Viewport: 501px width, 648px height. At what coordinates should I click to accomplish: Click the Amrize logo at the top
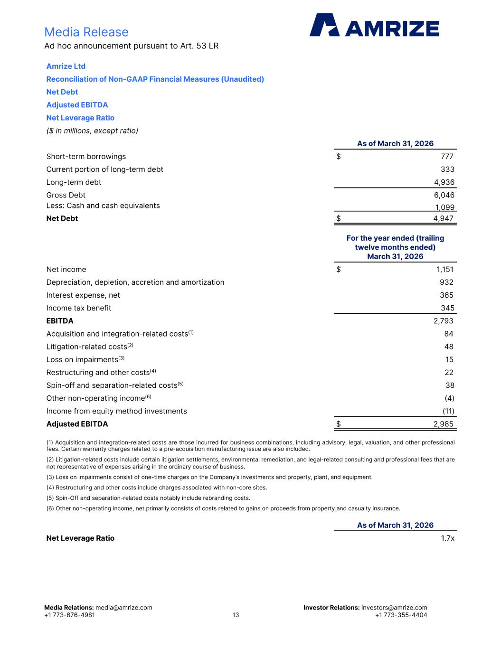click(374, 25)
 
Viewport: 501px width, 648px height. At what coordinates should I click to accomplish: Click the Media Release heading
click(86, 32)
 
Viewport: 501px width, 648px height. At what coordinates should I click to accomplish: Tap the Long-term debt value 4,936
click(444, 182)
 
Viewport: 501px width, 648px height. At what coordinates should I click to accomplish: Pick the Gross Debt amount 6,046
click(444, 195)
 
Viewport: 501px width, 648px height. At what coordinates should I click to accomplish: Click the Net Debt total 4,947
click(444, 218)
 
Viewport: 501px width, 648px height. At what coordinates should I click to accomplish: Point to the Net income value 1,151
click(445, 270)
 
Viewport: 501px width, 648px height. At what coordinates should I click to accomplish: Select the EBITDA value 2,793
click(444, 321)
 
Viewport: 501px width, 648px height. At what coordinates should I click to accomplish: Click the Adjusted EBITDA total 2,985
click(444, 424)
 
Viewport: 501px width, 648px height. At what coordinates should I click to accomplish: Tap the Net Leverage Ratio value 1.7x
click(448, 538)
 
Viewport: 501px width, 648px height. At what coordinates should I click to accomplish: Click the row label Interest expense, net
click(83, 295)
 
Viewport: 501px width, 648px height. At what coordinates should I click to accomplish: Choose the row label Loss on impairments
click(82, 359)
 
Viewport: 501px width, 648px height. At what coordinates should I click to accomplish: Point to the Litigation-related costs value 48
click(449, 347)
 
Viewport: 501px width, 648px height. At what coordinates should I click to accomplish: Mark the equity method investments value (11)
click(448, 411)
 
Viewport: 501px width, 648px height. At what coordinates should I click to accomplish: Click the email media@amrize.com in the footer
click(124, 608)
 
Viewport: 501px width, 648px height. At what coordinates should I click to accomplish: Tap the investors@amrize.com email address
click(394, 608)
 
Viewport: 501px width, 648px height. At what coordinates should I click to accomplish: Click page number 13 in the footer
click(236, 615)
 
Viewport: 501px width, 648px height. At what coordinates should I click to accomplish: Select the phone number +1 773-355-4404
click(401, 615)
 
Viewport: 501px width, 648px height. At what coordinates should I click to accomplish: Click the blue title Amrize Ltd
click(66, 66)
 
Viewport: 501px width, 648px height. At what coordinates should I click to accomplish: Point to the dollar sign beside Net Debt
click(339, 218)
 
